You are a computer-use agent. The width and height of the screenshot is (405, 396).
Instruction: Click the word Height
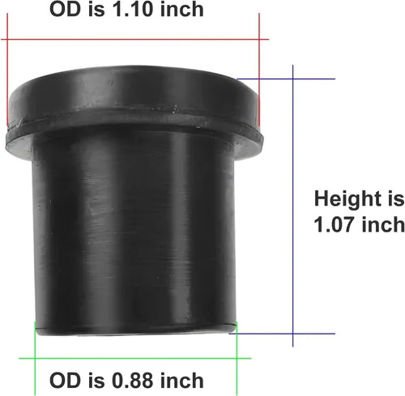[347, 200]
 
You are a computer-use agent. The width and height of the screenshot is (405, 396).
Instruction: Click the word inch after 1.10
[181, 9]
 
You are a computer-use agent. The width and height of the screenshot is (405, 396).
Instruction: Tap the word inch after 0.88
[181, 381]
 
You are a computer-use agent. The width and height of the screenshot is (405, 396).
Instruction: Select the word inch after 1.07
[383, 225]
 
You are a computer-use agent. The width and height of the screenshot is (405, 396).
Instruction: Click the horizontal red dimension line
[135, 40]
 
